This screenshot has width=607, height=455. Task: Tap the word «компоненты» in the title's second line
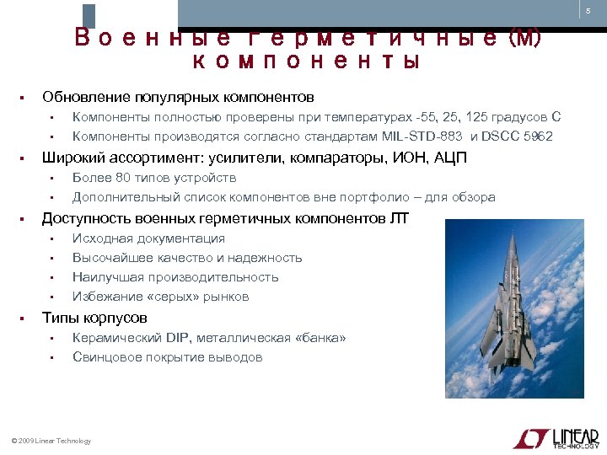click(306, 62)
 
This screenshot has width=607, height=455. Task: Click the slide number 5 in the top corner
click(588, 10)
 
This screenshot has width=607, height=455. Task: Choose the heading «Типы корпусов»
click(94, 318)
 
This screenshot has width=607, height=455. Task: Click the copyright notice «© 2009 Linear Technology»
click(51, 441)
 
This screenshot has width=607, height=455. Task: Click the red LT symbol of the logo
click(530, 437)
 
